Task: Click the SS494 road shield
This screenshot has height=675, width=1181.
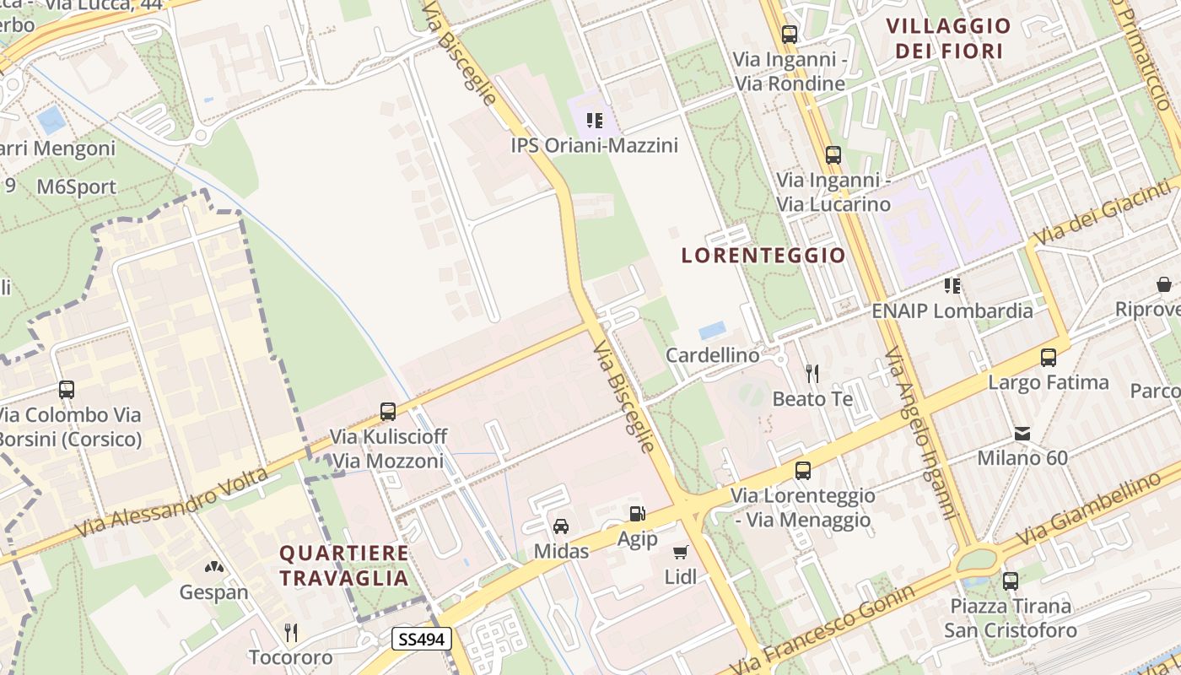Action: (x=421, y=640)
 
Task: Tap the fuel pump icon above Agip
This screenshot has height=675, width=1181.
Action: (x=637, y=513)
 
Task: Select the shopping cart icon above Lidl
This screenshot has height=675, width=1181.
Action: (x=680, y=552)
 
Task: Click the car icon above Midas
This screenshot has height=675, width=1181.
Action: (x=560, y=526)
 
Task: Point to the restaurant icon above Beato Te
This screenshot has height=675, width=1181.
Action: (x=812, y=372)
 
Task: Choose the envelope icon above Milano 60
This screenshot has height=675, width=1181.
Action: (x=1022, y=434)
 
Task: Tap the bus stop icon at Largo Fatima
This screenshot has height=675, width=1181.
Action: (x=1049, y=357)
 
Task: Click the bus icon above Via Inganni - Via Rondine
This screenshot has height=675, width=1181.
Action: (x=790, y=35)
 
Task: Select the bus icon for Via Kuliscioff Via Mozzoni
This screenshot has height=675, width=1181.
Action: (x=388, y=411)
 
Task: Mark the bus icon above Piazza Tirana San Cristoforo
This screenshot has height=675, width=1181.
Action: (x=1011, y=580)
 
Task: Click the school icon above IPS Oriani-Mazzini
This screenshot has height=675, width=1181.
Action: (x=595, y=121)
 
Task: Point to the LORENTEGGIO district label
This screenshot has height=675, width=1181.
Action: (x=763, y=255)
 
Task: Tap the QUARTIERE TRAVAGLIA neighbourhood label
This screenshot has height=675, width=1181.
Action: (x=344, y=565)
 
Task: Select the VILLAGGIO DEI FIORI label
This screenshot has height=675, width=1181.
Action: (x=948, y=38)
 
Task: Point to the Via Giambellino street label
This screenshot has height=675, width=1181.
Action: (x=1088, y=509)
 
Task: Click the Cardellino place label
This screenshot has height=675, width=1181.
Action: (x=713, y=355)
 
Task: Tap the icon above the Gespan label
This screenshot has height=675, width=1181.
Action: (x=214, y=567)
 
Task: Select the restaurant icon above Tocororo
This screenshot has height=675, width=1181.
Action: (x=291, y=632)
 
